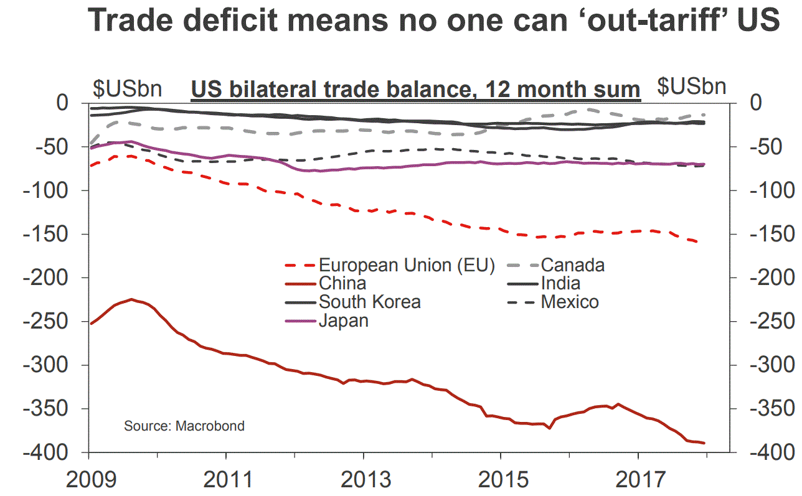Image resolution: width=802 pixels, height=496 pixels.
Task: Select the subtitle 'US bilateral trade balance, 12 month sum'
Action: (415, 90)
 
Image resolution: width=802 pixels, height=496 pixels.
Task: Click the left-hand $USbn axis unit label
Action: (128, 88)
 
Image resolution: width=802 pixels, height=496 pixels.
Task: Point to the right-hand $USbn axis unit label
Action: (692, 87)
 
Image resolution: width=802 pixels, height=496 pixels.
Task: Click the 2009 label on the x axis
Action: (88, 480)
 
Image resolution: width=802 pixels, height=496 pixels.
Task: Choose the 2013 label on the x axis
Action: (363, 480)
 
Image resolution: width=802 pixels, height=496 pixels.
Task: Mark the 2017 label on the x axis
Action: (638, 480)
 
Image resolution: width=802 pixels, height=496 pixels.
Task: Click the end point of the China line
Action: (704, 442)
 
